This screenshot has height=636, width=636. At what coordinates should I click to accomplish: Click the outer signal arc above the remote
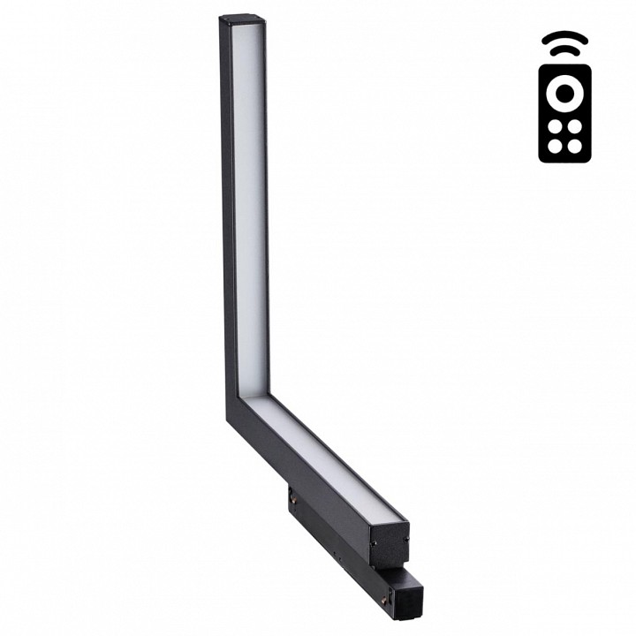pos(564,40)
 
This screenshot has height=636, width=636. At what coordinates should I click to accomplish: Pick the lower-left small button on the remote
pos(554,148)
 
